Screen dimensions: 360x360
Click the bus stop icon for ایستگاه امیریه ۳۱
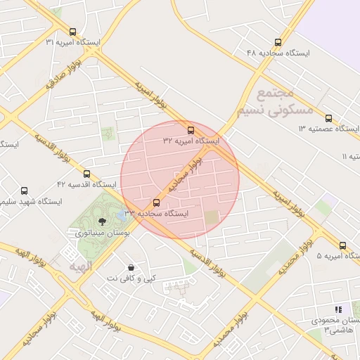[x=72, y=32]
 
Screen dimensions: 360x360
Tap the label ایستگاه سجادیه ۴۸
[x=277, y=53]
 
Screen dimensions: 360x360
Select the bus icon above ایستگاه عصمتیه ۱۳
[x=328, y=118]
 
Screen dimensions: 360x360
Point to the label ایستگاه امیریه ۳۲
[x=191, y=141]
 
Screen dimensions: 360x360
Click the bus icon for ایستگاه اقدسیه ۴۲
[x=86, y=174]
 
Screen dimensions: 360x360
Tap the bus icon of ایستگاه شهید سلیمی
[x=25, y=191]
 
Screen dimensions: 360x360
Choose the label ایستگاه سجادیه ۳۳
[x=156, y=213]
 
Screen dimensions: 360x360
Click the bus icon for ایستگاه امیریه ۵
[x=342, y=245]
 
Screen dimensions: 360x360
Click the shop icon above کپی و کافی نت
[x=131, y=267]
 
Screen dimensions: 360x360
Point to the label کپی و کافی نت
[x=131, y=278]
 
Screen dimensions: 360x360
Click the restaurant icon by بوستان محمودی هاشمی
[x=338, y=309]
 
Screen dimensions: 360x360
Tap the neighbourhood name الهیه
[x=81, y=267]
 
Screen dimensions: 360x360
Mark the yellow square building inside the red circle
[x=212, y=218]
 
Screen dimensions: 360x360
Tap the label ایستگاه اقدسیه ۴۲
[x=86, y=184]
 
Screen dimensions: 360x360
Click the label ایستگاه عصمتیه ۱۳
[x=328, y=129]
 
